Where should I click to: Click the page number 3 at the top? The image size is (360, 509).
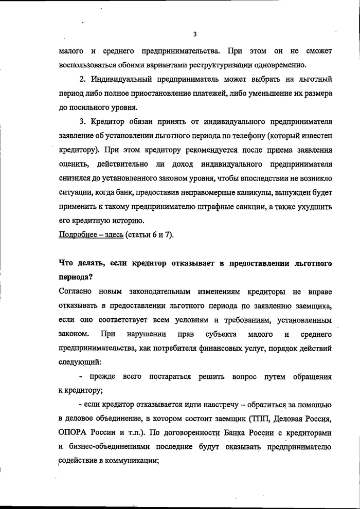pos(195,35)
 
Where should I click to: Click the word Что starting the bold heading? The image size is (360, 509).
pos(67,263)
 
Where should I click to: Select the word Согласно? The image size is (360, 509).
pos(76,292)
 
